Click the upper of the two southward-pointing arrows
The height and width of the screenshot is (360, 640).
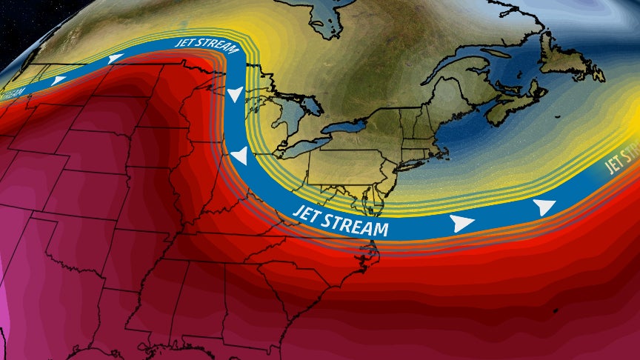click(x=234, y=94)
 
